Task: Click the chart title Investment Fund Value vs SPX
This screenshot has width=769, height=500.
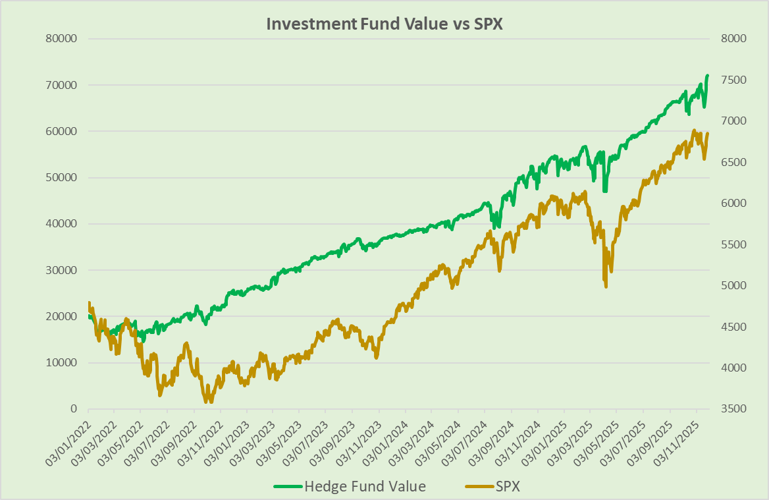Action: (x=384, y=23)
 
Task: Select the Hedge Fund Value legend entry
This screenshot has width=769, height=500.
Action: (x=364, y=487)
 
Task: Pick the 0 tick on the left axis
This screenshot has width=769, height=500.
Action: (x=73, y=409)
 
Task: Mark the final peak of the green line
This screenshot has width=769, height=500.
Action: (x=708, y=76)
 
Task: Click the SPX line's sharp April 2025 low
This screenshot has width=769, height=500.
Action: (x=605, y=286)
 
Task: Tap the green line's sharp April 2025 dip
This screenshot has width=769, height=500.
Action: (x=604, y=190)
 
